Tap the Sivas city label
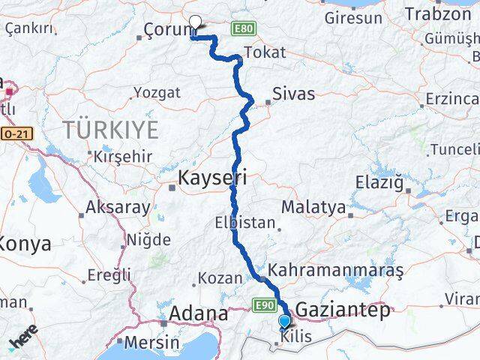coord(294,94)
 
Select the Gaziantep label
coord(343,310)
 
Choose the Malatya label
coord(313,206)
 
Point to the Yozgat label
coord(157,93)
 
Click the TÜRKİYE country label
coord(111,130)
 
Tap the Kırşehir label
coord(123,157)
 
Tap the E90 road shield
coord(262,305)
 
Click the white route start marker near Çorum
coord(196,22)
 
